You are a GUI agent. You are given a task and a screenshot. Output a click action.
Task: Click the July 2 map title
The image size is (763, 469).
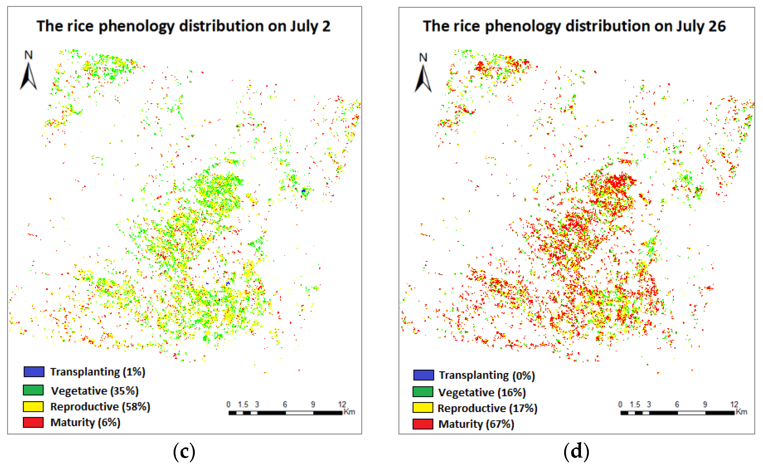183,26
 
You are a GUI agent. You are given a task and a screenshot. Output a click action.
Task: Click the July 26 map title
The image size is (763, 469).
574,26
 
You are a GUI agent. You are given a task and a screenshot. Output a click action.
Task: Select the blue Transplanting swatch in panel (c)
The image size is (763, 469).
34,371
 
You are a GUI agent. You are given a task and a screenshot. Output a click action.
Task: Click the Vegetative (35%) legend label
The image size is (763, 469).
95,391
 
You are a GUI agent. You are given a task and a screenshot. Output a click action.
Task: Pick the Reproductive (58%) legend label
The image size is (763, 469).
100,407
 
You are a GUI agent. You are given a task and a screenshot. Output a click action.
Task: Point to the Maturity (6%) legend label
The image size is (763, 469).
85,422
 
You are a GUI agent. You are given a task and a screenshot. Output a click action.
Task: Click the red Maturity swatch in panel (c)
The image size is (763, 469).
33,422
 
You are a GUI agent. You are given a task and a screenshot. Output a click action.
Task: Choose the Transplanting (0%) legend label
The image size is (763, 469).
487,375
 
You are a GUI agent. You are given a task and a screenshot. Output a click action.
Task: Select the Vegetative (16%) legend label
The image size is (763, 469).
482,393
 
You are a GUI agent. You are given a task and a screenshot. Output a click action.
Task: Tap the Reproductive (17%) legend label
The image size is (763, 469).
487,408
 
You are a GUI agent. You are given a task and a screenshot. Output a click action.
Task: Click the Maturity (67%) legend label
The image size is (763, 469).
476,424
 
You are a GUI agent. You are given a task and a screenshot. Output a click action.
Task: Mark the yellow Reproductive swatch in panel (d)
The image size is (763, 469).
423,408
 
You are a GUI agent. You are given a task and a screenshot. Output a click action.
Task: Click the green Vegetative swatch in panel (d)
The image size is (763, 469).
423,392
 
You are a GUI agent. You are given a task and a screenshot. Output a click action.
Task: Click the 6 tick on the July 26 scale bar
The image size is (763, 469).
677,405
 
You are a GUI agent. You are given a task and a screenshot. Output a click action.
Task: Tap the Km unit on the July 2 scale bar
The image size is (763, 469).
349,412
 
